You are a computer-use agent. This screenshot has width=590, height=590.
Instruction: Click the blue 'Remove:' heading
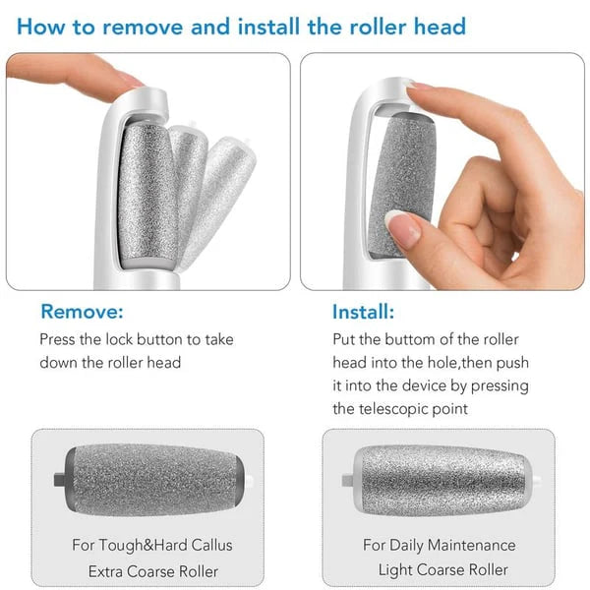[82, 312]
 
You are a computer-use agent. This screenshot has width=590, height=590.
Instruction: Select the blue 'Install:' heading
[363, 312]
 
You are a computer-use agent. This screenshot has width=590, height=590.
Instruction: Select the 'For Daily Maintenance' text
[439, 544]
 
